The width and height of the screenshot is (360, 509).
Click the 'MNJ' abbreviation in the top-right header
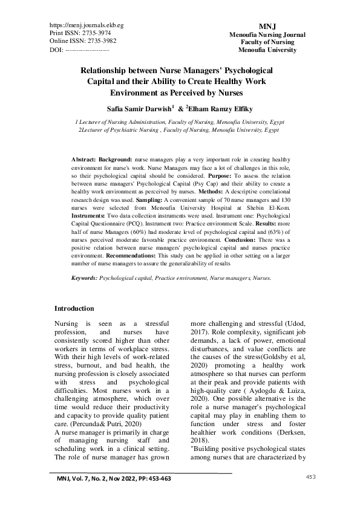point(267,27)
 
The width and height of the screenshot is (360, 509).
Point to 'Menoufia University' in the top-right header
point(267,50)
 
